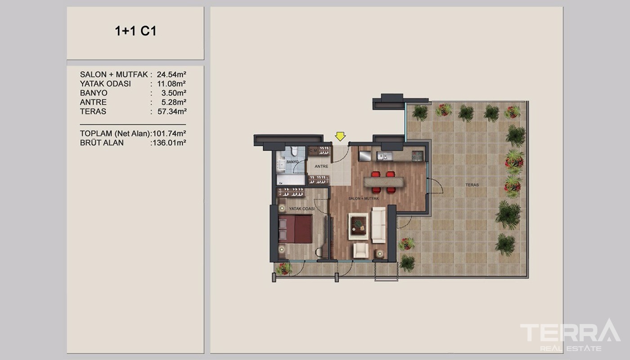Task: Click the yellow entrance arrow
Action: click(x=340, y=136)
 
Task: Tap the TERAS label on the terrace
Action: click(x=472, y=185)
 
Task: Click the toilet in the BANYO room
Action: click(x=294, y=151)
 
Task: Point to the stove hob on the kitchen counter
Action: click(x=418, y=156)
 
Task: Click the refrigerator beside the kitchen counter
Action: click(x=365, y=156)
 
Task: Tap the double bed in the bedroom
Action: click(x=295, y=229)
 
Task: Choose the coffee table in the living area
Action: click(x=358, y=226)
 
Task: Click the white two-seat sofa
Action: click(x=378, y=225)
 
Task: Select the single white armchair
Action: click(x=361, y=250)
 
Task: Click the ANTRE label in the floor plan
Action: click(x=321, y=166)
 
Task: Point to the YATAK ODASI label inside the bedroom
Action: click(x=302, y=209)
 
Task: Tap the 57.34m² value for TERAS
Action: click(x=172, y=112)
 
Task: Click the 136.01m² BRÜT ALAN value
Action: click(x=169, y=143)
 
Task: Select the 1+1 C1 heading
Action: click(x=135, y=31)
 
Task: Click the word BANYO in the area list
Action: click(x=94, y=93)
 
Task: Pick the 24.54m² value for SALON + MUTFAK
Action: click(x=171, y=75)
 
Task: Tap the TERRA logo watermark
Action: click(x=570, y=335)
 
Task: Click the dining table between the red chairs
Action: click(x=383, y=182)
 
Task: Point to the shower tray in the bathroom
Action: click(x=291, y=180)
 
